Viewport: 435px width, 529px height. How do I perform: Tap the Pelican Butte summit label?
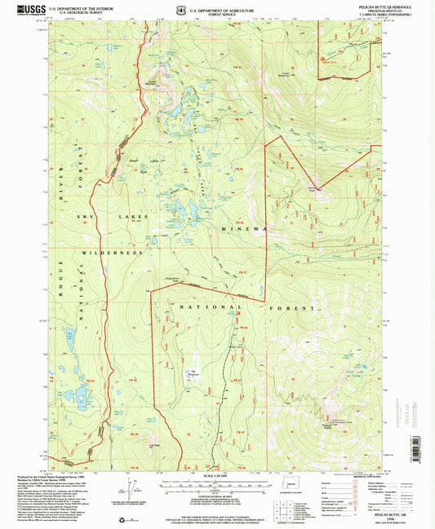tap(327, 425)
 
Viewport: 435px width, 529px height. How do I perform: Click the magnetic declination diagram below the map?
tap(128, 490)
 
